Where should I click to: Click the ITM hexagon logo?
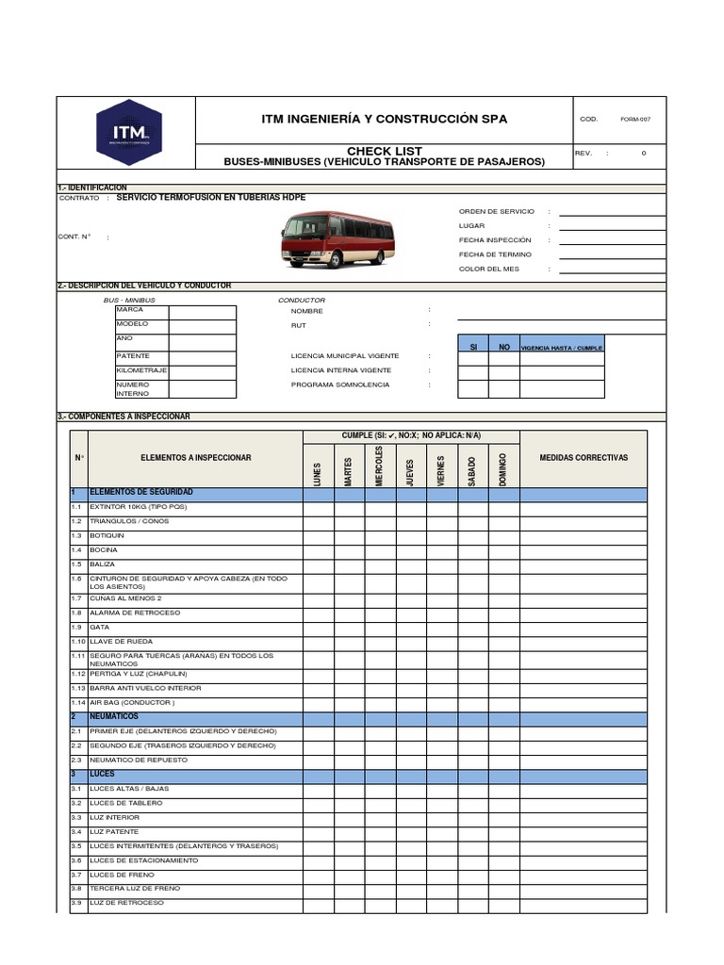pos(128,133)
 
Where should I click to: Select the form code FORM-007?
pos(635,120)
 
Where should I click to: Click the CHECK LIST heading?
pos(385,151)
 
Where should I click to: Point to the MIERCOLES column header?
pos(380,466)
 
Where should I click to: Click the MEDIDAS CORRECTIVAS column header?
pos(583,458)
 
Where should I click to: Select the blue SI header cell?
pos(473,347)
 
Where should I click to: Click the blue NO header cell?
pos(504,347)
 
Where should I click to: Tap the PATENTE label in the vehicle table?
pos(133,356)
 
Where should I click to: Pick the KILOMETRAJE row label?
pos(141,371)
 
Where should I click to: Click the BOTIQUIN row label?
pos(107,535)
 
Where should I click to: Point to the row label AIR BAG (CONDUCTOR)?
pos(132,702)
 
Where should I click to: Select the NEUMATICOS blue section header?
pos(114,716)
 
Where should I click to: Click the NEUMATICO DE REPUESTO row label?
pos(138,760)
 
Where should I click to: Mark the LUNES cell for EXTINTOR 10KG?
pos(318,507)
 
